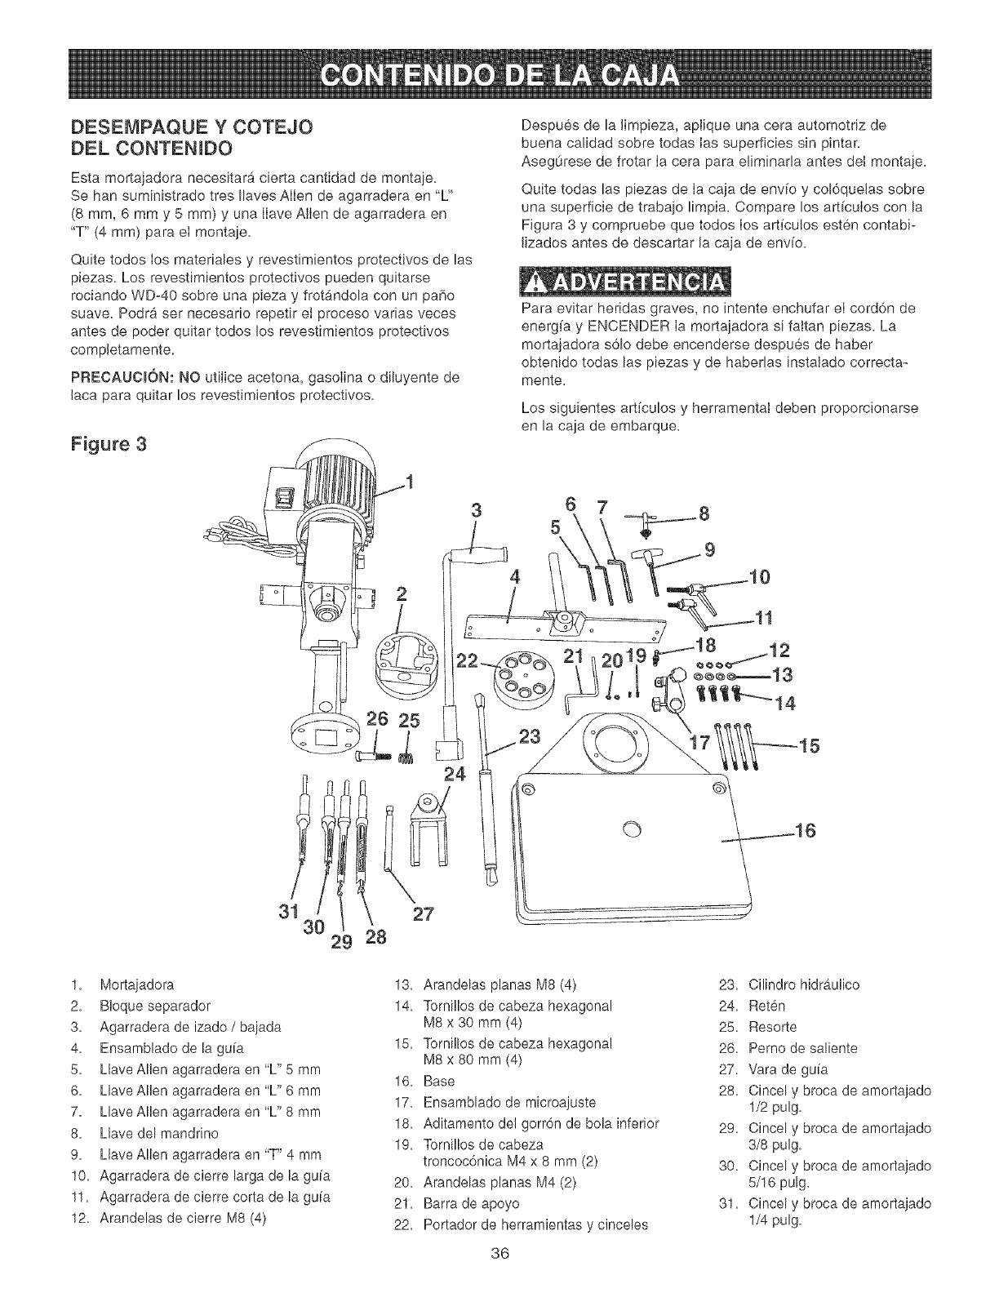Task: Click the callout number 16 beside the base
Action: (x=806, y=832)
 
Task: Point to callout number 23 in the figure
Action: (x=530, y=738)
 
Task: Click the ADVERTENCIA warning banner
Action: (x=626, y=285)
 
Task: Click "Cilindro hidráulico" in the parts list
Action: (x=804, y=984)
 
